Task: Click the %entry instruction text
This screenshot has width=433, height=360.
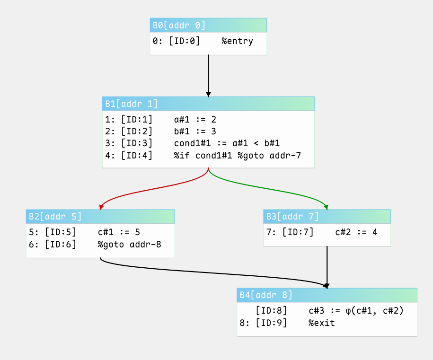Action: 237,41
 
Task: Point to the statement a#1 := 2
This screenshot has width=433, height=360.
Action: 195,120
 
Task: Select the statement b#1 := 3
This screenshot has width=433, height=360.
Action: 195,132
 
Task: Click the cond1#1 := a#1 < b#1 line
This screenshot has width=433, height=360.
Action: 227,143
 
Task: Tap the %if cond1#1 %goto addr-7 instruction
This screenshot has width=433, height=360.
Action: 237,156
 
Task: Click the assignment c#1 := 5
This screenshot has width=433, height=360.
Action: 119,232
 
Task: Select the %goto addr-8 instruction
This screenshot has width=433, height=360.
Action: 129,245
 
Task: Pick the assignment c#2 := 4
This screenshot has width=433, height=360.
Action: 356,232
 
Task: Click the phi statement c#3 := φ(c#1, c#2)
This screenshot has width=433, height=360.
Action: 356,311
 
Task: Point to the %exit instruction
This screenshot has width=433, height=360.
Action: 321,323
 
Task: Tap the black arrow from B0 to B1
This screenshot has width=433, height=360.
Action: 209,76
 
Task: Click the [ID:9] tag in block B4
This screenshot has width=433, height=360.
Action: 272,323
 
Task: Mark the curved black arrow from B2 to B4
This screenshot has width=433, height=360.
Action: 210,273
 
